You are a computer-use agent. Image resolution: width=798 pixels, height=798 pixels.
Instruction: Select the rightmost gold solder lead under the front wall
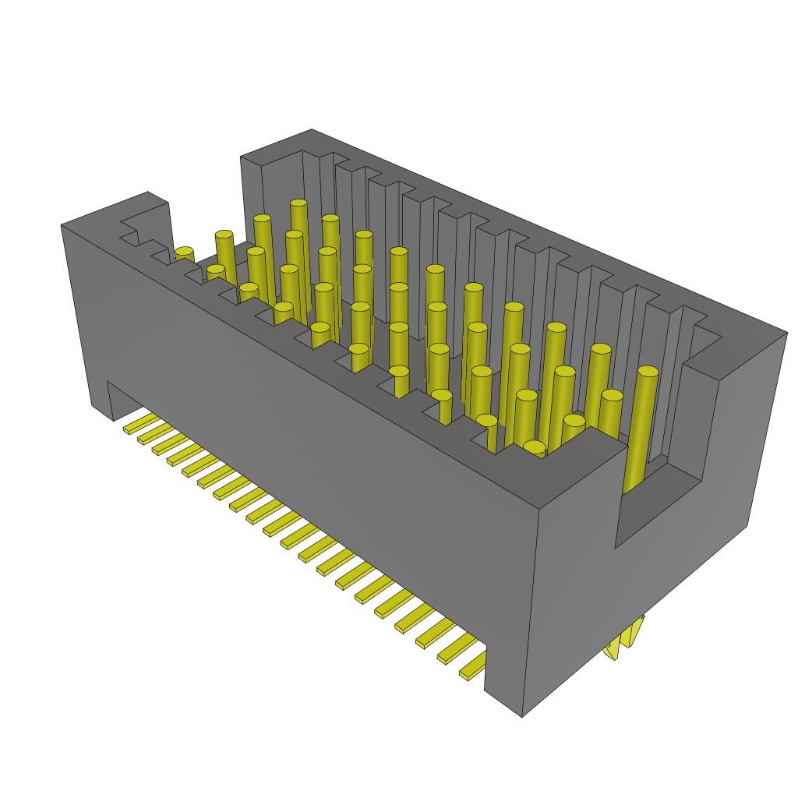click(x=472, y=669)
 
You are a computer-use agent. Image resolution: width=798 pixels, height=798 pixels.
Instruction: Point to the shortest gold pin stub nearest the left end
click(x=184, y=253)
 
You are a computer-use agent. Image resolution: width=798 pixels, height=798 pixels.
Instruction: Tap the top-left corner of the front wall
click(x=62, y=225)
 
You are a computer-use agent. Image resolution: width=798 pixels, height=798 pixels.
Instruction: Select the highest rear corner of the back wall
click(x=312, y=130)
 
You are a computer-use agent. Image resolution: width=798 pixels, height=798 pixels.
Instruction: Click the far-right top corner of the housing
click(x=786, y=333)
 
